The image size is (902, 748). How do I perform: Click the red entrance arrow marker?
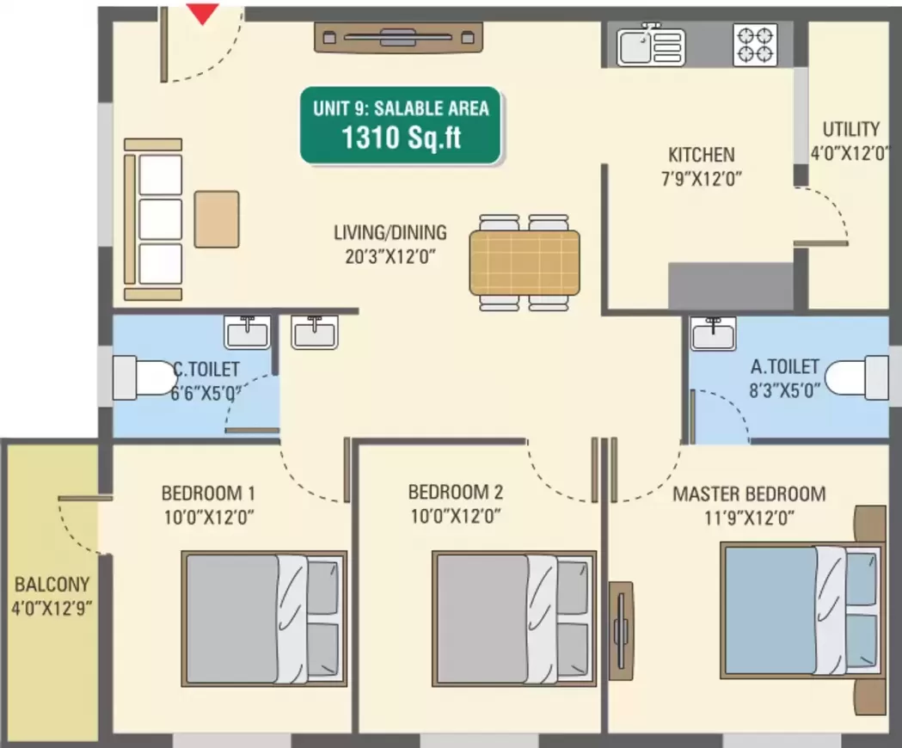click(x=202, y=14)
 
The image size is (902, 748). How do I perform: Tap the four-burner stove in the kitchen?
click(x=755, y=45)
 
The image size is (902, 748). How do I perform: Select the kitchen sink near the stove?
click(x=651, y=46)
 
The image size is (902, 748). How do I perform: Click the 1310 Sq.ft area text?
click(x=401, y=138)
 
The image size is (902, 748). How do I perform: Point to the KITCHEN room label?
click(x=702, y=155)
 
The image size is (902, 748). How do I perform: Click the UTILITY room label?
click(x=850, y=129)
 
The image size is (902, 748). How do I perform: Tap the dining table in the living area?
click(x=524, y=262)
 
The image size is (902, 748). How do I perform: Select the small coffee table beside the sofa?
click(x=217, y=219)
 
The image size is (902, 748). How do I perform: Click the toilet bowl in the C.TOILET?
click(x=144, y=377)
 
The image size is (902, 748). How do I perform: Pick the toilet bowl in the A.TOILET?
click(x=856, y=377)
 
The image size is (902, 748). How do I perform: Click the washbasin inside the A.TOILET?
click(x=714, y=333)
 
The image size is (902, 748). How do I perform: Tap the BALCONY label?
click(x=52, y=585)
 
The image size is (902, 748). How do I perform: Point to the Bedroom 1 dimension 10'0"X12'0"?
click(x=209, y=518)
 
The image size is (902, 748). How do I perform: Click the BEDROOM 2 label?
click(x=456, y=492)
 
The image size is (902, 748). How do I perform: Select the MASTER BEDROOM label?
click(x=749, y=494)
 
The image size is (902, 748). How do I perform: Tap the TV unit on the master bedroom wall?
click(x=622, y=632)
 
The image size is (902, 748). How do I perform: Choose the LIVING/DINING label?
click(x=390, y=232)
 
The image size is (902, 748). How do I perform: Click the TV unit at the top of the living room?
click(x=398, y=38)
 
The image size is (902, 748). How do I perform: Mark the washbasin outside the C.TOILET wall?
click(x=314, y=332)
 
